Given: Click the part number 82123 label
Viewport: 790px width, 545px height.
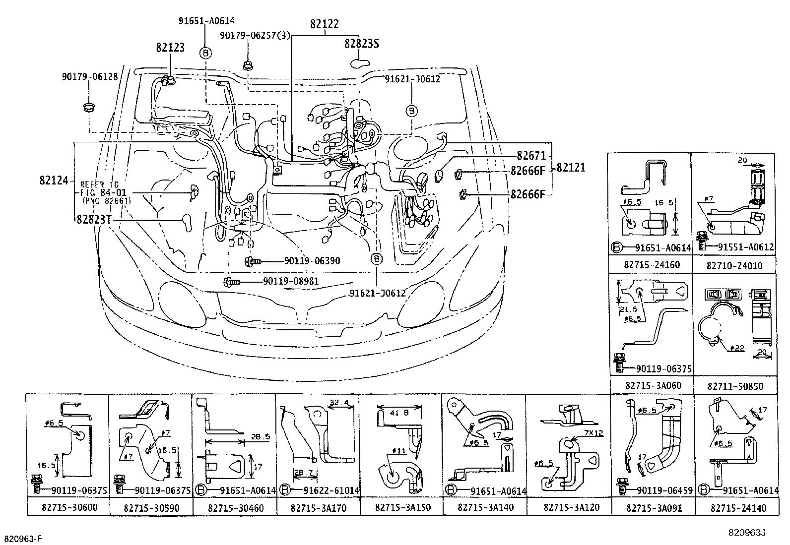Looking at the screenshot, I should pos(170,47).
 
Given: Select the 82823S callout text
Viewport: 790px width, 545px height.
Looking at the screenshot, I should pos(362,44).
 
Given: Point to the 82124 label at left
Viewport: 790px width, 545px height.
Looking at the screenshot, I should pos(54,180).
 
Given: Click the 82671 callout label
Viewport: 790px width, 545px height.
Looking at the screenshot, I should pos(530,155).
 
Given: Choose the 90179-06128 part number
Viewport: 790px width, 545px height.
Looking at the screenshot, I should pos(90,76).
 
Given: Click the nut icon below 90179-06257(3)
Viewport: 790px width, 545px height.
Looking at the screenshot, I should pos(247,65).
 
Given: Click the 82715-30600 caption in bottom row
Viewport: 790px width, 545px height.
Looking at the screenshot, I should pos(67,508).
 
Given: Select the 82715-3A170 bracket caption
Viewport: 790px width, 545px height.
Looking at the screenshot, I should pos(318,508).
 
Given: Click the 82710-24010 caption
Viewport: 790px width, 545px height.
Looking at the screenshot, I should pos(734,266).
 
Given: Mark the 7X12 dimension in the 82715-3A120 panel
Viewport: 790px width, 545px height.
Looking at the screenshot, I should pos(592,433).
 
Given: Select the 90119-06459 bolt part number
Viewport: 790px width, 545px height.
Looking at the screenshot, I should pos(664,490).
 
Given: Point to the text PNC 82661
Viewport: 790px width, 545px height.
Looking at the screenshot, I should pos(107,201).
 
